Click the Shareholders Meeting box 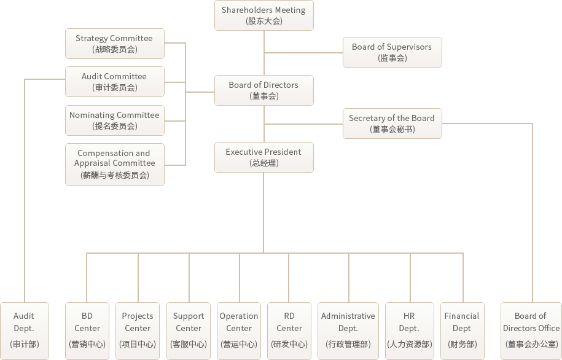[x=264, y=15]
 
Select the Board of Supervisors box [x=392, y=52]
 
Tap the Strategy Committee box [x=115, y=44]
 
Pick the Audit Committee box [x=115, y=82]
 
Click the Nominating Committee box [x=115, y=120]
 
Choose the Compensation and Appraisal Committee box [x=115, y=165]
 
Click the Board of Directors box [x=264, y=90]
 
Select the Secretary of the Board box [x=392, y=123]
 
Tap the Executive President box [x=264, y=157]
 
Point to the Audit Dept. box [x=25, y=331]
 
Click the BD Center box [x=87, y=331]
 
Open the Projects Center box [x=138, y=331]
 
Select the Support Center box [x=189, y=331]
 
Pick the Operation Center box [x=239, y=331]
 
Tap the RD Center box [x=289, y=331]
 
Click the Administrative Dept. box [x=348, y=331]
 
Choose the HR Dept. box [x=410, y=331]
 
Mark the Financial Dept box [x=462, y=331]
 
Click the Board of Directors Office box [x=531, y=331]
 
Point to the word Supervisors [x=409, y=47]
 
